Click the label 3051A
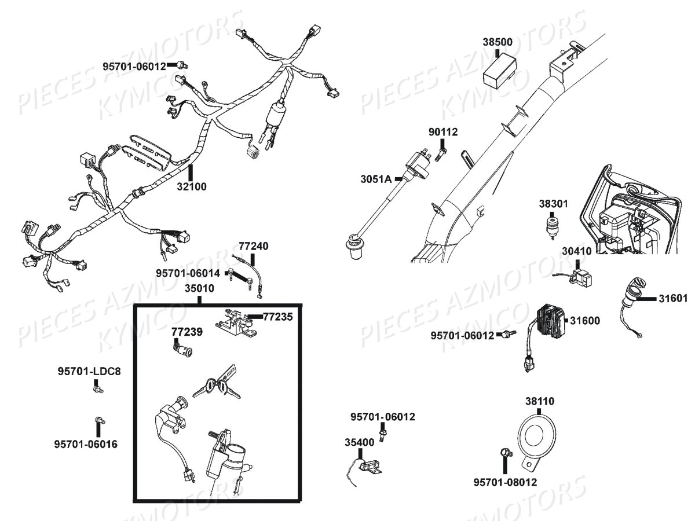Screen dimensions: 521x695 click(376, 179)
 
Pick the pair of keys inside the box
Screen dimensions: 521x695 click(215, 384)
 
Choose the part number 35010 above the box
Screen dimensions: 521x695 click(199, 288)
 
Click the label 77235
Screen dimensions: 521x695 click(278, 317)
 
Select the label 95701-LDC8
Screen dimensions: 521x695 click(89, 371)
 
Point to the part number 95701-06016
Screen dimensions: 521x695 click(86, 444)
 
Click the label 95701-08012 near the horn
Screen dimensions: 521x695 click(505, 482)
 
